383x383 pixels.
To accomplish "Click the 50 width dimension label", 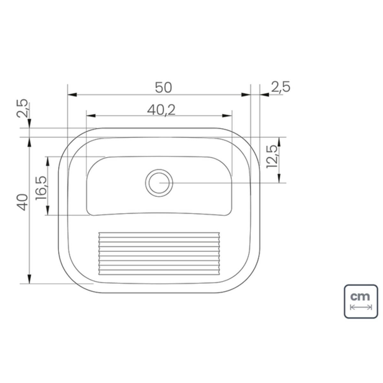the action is [x=163, y=87].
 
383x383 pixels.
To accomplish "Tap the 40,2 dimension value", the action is [x=161, y=110].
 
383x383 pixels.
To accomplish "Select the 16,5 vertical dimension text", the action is [x=41, y=188].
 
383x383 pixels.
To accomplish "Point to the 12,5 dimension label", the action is [x=272, y=157].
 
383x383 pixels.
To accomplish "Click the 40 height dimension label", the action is [x=22, y=202].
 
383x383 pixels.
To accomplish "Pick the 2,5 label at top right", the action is [x=281, y=87].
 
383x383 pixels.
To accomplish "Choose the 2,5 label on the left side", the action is [x=22, y=108].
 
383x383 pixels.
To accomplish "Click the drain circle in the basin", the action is [x=159, y=183].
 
